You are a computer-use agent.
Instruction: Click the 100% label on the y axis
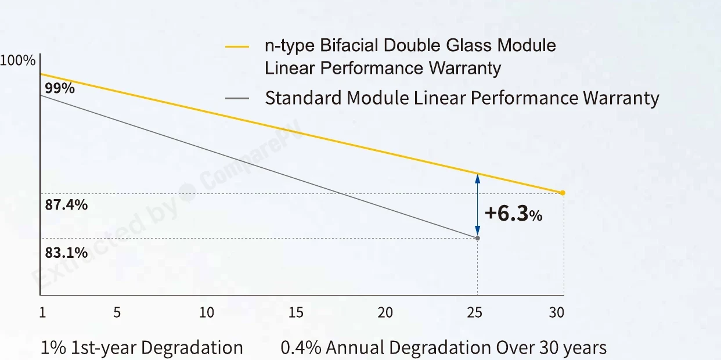coord(17,60)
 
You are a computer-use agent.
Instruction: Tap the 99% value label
coord(60,88)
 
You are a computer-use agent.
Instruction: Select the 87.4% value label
coord(66,205)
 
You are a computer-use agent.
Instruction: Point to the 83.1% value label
coord(66,253)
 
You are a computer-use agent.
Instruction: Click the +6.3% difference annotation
coord(513,214)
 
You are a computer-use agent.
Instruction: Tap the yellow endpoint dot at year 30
coord(563,193)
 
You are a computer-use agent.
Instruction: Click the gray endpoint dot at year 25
coord(478,238)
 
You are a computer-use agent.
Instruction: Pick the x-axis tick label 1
coord(42,312)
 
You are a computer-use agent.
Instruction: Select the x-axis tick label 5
coord(117,312)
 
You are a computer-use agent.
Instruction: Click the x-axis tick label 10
coord(206,312)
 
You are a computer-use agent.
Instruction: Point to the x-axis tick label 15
coord(296,312)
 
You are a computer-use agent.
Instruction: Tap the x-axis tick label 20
coord(385,312)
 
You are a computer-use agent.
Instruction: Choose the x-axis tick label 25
coord(475,312)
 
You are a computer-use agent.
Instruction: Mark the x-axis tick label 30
coord(557,312)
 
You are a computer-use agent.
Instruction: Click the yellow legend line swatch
coord(237,46)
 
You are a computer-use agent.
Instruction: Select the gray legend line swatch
coord(237,99)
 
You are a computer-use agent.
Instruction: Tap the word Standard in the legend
coord(303,98)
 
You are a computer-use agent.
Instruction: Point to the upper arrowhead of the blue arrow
coord(478,179)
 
